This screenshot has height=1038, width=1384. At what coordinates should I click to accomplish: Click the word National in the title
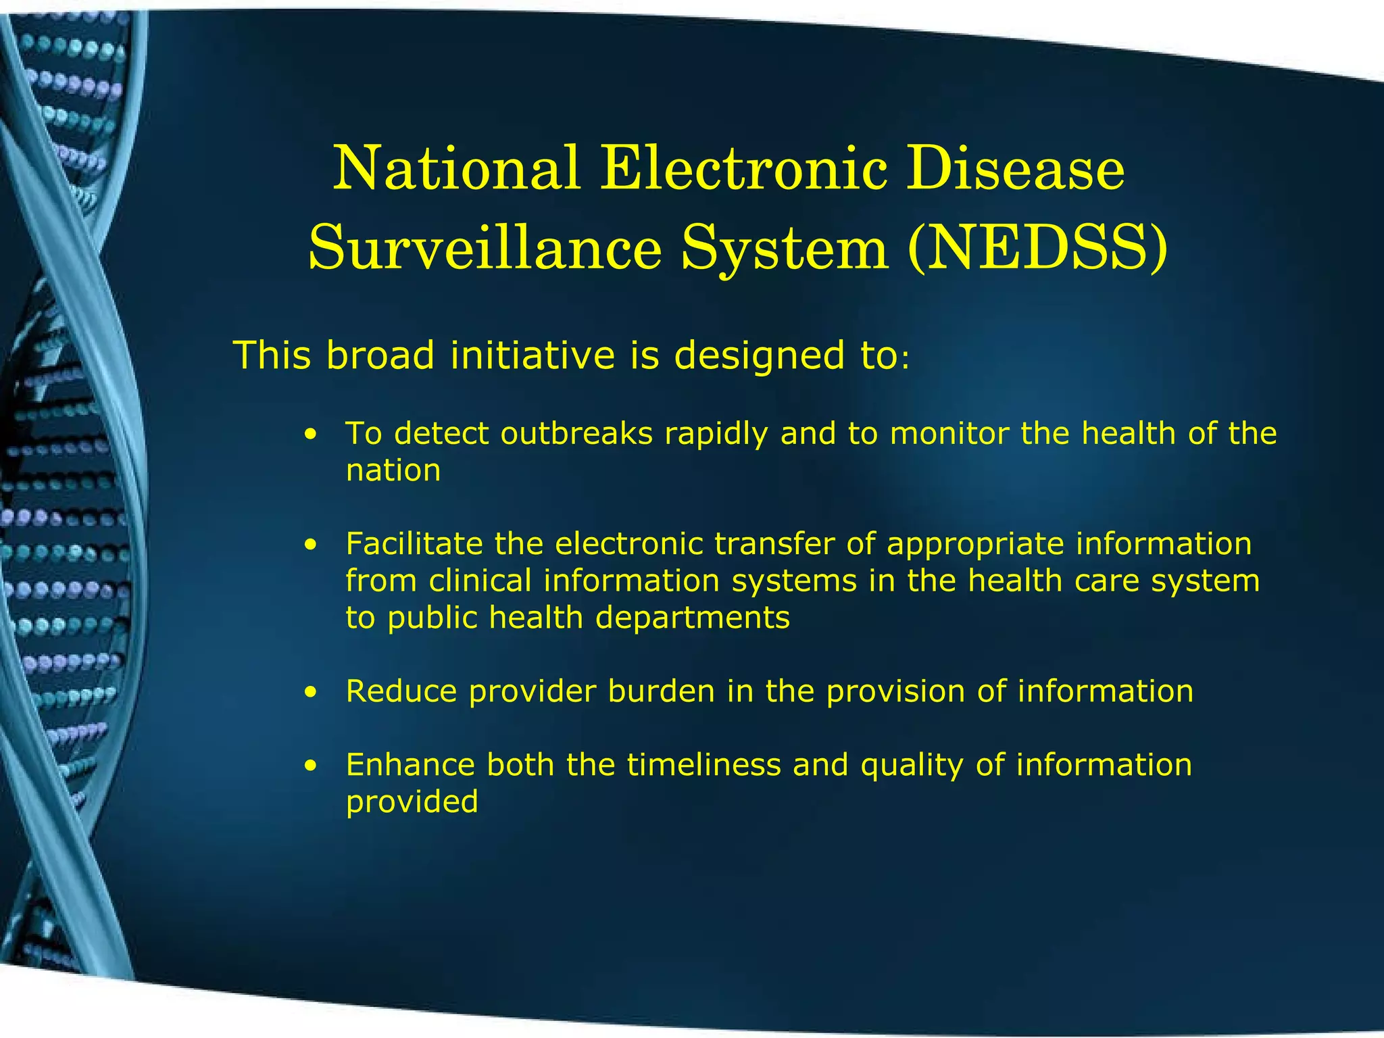pos(457,169)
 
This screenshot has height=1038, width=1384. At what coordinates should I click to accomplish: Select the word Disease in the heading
pos(1015,169)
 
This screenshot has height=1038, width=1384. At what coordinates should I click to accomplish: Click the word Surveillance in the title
pos(484,248)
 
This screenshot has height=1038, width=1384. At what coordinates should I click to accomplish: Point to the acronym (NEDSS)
pos(1037,249)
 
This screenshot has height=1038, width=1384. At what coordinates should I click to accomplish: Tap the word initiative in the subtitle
pos(533,355)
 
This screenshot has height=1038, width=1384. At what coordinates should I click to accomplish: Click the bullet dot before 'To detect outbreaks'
pos(310,434)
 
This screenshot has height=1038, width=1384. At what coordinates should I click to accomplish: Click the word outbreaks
pos(576,434)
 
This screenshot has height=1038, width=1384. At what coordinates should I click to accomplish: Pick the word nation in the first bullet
pos(393,471)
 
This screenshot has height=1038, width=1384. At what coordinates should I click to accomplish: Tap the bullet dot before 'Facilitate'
pos(310,545)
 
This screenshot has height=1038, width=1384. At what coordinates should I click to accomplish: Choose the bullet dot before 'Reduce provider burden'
pos(310,692)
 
